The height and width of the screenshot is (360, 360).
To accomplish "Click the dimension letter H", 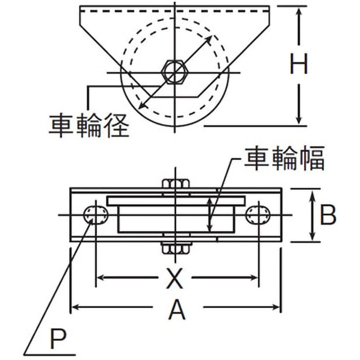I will pos(298,64).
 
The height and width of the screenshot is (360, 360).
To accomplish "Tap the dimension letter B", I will pos(328,216).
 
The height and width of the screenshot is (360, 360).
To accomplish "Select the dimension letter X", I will pos(175,279).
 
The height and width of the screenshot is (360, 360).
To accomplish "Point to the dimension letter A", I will pos(177,310).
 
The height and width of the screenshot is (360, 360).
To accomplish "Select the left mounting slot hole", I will pos(95,215).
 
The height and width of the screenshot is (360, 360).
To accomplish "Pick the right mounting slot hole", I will pos(258,215).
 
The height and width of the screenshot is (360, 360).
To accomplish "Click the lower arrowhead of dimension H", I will pos(298,120).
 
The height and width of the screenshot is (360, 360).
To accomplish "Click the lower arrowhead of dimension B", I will pos(311,237).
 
